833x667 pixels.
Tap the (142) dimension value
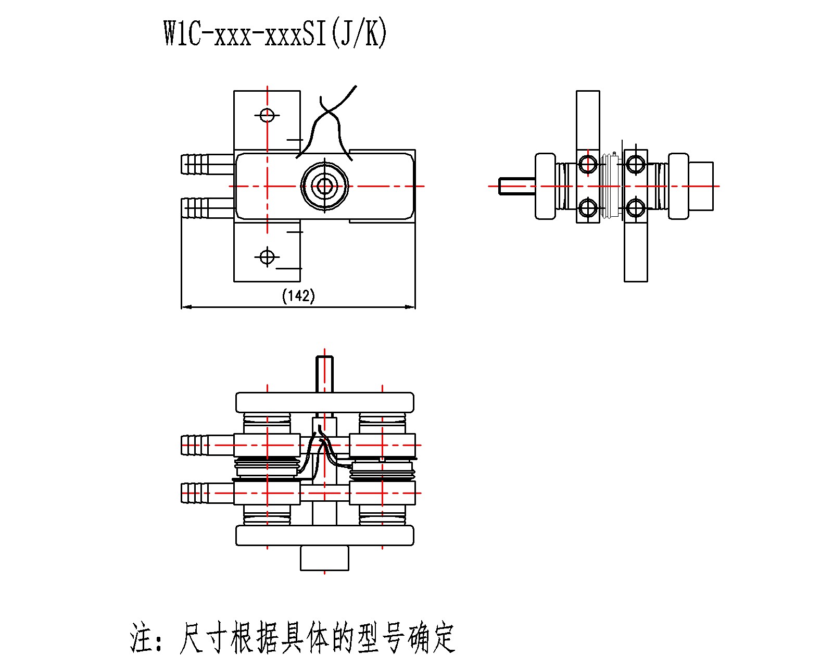(x=298, y=297)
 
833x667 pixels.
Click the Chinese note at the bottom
(x=293, y=637)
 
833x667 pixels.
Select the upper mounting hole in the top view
(x=267, y=115)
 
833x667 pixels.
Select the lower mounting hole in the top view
(x=267, y=256)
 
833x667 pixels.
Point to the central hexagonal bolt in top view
(x=325, y=186)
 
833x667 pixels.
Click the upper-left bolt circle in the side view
(x=588, y=164)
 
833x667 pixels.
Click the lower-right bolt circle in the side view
(x=635, y=208)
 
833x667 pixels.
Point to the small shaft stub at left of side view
(x=515, y=186)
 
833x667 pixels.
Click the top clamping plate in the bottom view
(x=324, y=402)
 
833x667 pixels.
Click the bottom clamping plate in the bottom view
(x=324, y=536)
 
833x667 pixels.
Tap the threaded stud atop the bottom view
(x=325, y=374)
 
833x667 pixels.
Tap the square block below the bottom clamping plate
(x=324, y=558)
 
